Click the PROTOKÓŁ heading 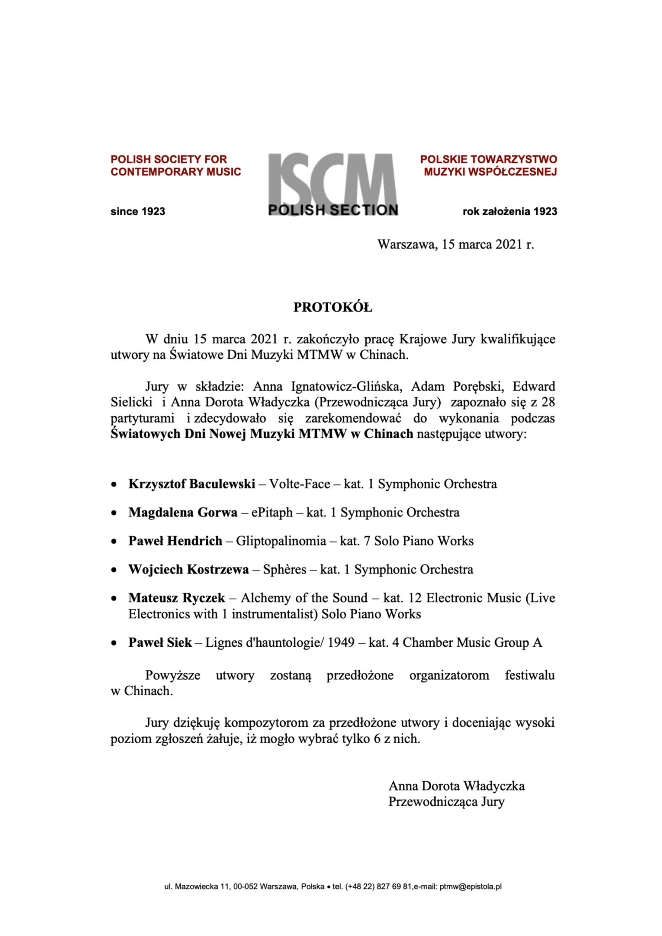[x=332, y=308]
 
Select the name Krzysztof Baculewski [x=192, y=484]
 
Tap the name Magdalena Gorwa [x=182, y=512]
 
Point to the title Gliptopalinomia [x=281, y=541]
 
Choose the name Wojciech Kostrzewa [x=188, y=569]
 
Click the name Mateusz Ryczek [x=176, y=598]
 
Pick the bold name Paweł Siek [x=160, y=643]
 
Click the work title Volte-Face [x=299, y=484]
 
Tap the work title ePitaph [x=272, y=512]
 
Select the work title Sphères [x=284, y=569]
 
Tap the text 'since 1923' [x=138, y=212]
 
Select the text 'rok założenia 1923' [x=510, y=212]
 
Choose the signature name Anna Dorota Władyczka [x=456, y=786]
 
